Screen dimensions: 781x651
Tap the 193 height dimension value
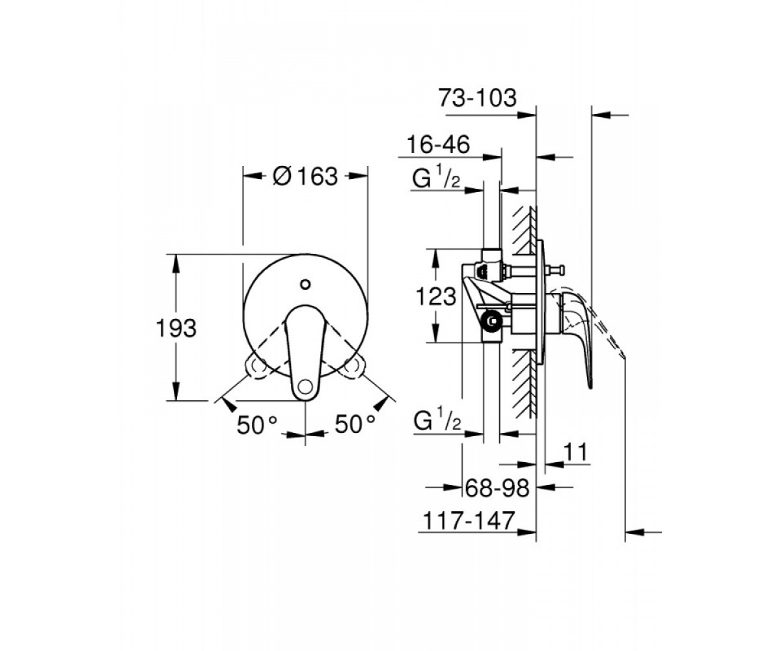176,328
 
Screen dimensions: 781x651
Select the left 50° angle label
257,424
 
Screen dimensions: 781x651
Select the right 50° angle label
355,424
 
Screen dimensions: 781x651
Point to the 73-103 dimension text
478,98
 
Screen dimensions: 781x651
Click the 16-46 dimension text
438,145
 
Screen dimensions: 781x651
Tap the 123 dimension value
436,297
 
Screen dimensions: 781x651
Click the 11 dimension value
575,452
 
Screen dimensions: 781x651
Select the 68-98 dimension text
497,488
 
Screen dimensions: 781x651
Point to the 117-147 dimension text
469,520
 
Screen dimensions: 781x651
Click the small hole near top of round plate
305,284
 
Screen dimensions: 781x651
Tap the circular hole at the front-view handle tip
305,386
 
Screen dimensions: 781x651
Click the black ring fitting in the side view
492,321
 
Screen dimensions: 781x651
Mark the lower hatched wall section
525,384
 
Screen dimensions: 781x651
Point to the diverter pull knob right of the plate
557,270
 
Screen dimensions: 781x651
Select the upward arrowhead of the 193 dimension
176,264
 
